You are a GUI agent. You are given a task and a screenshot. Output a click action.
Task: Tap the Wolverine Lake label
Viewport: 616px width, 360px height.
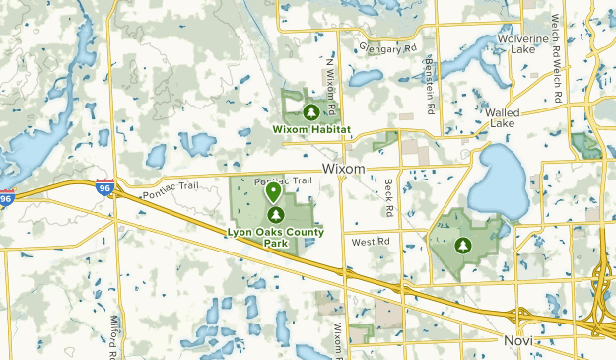click(x=522, y=44)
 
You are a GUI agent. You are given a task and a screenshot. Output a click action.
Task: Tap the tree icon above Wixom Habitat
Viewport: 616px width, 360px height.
click(x=310, y=111)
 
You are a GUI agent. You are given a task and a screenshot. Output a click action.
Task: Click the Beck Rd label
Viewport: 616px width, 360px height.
click(x=389, y=198)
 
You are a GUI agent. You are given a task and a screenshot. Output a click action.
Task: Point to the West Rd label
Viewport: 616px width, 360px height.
click(x=371, y=241)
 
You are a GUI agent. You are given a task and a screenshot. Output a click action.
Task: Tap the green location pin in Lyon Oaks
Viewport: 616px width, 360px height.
click(x=273, y=191)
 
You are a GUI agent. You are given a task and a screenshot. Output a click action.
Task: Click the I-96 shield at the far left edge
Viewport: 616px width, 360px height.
click(x=7, y=196)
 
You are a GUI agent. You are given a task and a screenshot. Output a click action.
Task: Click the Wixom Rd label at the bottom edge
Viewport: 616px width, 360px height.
click(x=337, y=340)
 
